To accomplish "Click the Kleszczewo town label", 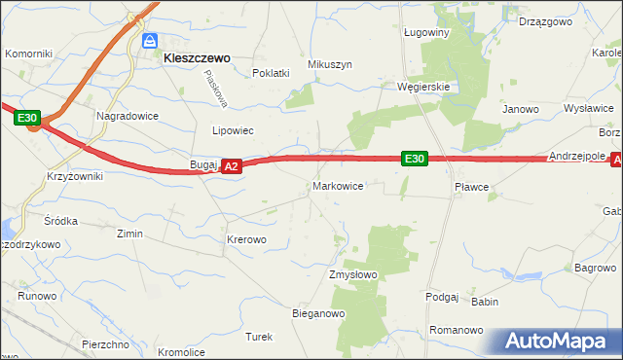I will pos(197,58).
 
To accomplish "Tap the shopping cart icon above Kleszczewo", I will pos(150,41).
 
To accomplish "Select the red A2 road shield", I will pos(231,167).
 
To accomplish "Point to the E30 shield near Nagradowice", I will pos(28,120).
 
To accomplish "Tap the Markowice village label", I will pos(338,185).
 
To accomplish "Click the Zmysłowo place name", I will pos(352,275).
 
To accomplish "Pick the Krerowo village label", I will pos(246,239).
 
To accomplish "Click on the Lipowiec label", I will pos(233,130).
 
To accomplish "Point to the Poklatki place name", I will pos(272,73).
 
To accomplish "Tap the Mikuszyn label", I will pos(329,64).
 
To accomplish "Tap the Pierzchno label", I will pos(106,344).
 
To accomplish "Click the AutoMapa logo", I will pos(561,342).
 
